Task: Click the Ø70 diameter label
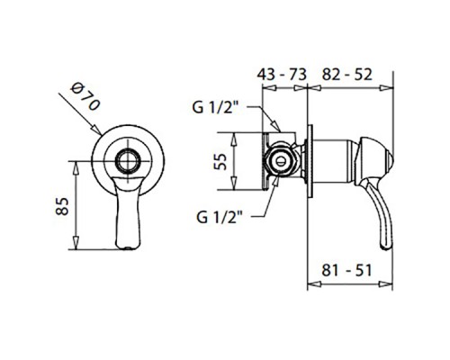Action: point(85,97)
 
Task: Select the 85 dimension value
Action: point(62,206)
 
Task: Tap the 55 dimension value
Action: point(220,161)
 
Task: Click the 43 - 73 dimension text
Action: point(282,74)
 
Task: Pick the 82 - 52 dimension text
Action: point(347,74)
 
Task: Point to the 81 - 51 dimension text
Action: point(346,270)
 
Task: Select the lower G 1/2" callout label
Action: point(220,217)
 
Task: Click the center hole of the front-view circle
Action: point(129,161)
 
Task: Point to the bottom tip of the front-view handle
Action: point(128,248)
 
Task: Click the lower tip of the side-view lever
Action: point(385,247)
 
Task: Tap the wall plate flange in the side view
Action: point(310,161)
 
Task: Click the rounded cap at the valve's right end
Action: point(374,161)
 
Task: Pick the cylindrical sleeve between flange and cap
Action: point(334,161)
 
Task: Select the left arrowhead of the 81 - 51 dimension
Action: point(314,283)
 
